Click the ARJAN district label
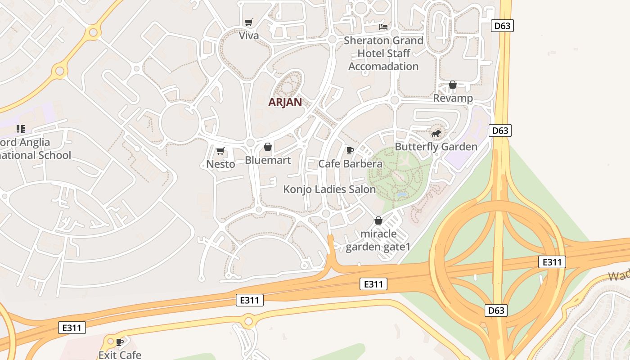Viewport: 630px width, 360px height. [x=285, y=102]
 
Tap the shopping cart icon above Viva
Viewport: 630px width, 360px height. [x=248, y=22]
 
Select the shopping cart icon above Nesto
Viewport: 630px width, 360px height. [x=220, y=151]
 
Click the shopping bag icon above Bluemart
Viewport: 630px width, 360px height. [x=268, y=147]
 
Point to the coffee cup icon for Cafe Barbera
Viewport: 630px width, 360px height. [x=350, y=151]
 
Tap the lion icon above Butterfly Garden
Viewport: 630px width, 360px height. [x=436, y=134]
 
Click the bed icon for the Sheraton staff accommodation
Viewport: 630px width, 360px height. [x=383, y=27]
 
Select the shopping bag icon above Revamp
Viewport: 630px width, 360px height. [x=453, y=85]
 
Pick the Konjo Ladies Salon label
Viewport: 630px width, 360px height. [x=329, y=189]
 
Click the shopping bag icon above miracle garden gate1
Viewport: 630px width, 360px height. [x=378, y=221]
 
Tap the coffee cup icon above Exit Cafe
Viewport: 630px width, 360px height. [x=120, y=342]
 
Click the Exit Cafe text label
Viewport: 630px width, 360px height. [x=120, y=355]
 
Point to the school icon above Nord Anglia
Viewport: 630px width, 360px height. [x=20, y=130]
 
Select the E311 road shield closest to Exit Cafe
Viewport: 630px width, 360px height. [x=72, y=328]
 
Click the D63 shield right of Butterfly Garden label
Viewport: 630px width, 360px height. [x=500, y=131]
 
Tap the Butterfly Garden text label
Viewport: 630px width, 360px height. [x=436, y=147]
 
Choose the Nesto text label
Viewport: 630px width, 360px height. [x=220, y=164]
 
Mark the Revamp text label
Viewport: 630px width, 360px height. [x=453, y=98]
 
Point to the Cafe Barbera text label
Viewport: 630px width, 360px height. [x=350, y=164]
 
